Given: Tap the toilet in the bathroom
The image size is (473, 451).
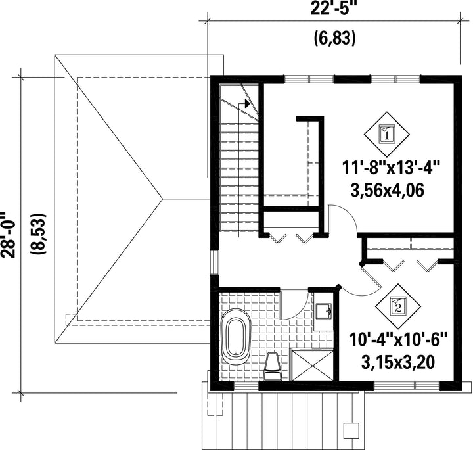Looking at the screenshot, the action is coord(273,366).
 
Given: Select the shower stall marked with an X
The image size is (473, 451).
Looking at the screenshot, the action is coord(311,365).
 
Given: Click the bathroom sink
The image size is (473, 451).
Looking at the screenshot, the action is coord(323,311).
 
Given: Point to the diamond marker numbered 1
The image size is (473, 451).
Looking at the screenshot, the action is coord(386,134).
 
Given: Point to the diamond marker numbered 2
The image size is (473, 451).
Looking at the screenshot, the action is coord(398,306).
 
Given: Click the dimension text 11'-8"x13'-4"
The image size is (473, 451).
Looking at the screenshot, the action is coord(392,168).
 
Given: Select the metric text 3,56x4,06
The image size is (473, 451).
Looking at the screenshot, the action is coord(388,191).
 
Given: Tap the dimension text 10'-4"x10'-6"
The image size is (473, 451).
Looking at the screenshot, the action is coord(398,340).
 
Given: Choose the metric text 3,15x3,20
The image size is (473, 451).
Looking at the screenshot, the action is coord(398,362).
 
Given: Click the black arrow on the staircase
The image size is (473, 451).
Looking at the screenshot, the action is coord(248,103).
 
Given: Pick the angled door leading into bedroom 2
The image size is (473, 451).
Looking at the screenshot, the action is coord(371,275).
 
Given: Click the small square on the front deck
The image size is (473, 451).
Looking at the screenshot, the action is coord(351,429).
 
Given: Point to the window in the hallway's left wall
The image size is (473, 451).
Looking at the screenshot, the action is coord(214,262).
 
